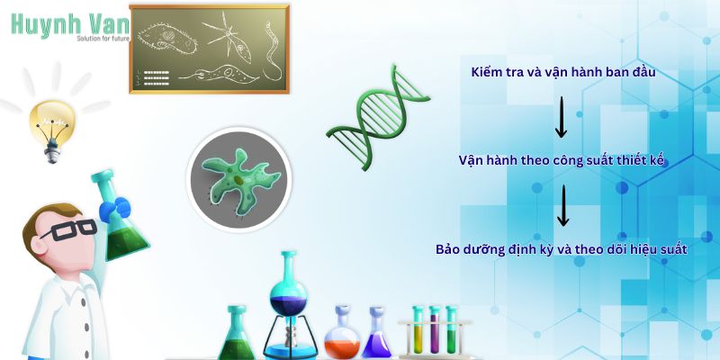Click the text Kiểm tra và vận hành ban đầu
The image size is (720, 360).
(x=562, y=71)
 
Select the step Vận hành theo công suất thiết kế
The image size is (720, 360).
(x=562, y=159)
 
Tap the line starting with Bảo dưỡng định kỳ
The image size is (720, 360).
(x=562, y=247)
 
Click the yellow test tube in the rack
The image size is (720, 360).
(x=418, y=333)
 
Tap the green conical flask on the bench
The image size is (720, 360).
(x=237, y=337)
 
